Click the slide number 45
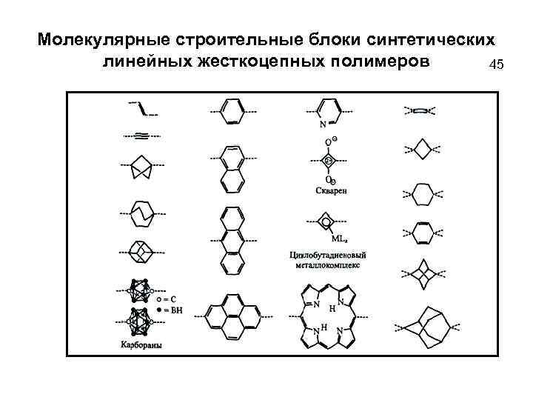(x=496, y=64)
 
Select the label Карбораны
(x=141, y=344)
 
